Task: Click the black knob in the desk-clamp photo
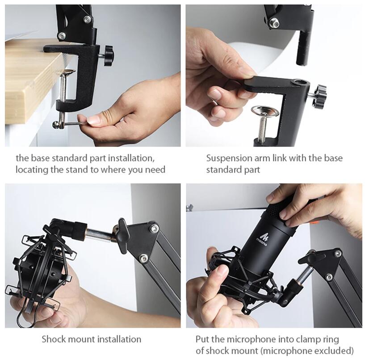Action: (x=109, y=55)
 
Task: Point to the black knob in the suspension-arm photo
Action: (x=320, y=95)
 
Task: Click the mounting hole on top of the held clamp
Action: (x=299, y=82)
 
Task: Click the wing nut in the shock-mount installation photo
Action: (x=122, y=236)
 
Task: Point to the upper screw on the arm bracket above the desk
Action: (x=88, y=18)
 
